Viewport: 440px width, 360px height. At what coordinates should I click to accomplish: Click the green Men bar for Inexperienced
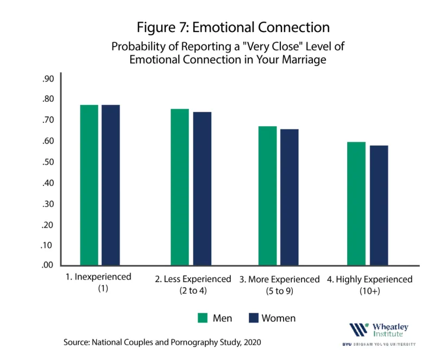pyautogui.click(x=89, y=185)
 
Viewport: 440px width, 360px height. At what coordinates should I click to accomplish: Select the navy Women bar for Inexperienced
pyautogui.click(x=111, y=185)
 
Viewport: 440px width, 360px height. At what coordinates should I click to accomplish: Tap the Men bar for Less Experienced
pyautogui.click(x=180, y=187)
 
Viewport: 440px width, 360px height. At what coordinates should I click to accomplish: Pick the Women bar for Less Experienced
pyautogui.click(x=202, y=189)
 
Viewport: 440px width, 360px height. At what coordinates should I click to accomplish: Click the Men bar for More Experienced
pyautogui.click(x=267, y=196)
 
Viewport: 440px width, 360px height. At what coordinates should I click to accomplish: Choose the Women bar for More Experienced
pyautogui.click(x=290, y=197)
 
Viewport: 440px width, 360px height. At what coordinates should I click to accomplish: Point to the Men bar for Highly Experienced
pyautogui.click(x=356, y=203)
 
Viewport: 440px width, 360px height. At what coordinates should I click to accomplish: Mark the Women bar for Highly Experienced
pyautogui.click(x=379, y=205)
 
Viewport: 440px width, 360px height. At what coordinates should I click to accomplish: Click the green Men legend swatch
pyautogui.click(x=203, y=318)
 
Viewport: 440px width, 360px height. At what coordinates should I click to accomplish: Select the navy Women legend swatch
pyautogui.click(x=253, y=318)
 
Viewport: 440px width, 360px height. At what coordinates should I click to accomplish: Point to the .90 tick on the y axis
pyautogui.click(x=48, y=79)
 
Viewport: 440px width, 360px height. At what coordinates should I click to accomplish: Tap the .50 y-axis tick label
pyautogui.click(x=48, y=162)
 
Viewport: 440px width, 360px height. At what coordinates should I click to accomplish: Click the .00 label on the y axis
pyautogui.click(x=47, y=265)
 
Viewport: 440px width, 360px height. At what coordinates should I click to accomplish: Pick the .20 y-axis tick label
pyautogui.click(x=47, y=225)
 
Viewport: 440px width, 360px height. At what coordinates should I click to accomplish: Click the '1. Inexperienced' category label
pyautogui.click(x=98, y=277)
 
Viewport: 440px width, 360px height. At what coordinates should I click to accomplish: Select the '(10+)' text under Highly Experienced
pyautogui.click(x=370, y=291)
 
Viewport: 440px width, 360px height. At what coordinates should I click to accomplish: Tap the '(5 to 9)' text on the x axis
pyautogui.click(x=280, y=291)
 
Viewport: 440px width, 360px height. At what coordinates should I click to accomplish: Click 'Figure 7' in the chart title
pyautogui.click(x=162, y=28)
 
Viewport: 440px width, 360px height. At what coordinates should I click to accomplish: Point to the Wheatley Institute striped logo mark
pyautogui.click(x=359, y=330)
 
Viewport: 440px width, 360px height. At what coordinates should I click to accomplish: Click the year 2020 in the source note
pyautogui.click(x=252, y=342)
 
